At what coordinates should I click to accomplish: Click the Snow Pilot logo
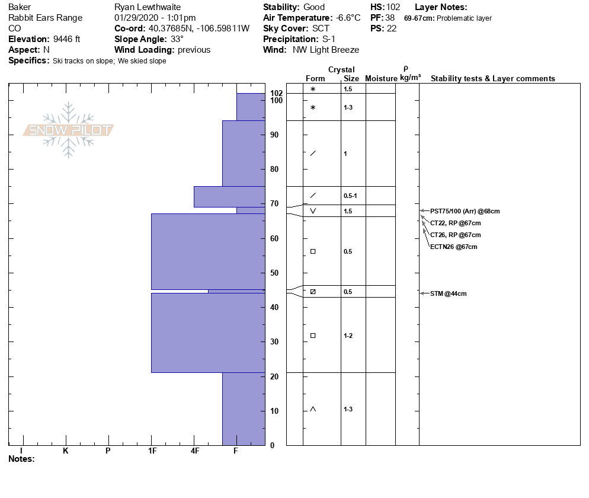coord(69,130)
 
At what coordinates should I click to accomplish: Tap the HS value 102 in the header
coord(393,7)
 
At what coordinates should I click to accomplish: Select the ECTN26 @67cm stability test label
coord(453,247)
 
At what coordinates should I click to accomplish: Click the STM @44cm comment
coord(448,293)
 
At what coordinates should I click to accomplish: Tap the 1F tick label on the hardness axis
coord(152,451)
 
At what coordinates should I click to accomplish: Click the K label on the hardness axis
coord(66,451)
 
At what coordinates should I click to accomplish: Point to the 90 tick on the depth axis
coord(274,135)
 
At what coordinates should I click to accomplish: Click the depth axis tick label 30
coord(274,342)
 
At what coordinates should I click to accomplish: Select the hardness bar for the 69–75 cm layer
coord(229,197)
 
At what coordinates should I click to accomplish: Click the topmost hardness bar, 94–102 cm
coord(251,107)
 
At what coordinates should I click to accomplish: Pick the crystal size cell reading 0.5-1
coord(350,196)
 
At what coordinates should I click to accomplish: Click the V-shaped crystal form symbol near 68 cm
coord(313,211)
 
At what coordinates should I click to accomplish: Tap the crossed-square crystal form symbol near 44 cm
coord(313,292)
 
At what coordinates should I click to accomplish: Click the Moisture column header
coord(381,78)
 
